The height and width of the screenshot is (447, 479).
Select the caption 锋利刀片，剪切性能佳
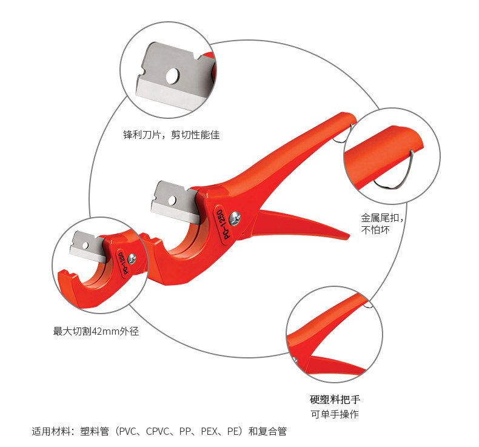(x=172, y=135)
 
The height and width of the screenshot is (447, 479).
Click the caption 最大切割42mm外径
(x=96, y=332)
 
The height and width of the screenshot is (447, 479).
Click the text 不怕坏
(x=374, y=230)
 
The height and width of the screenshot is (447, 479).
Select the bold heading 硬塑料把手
(x=334, y=400)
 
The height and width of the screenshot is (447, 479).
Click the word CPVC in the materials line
(x=161, y=432)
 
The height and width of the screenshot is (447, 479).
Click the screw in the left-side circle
(x=132, y=258)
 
